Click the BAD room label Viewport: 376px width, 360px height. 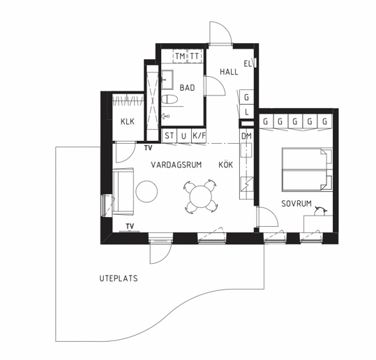coord(187,88)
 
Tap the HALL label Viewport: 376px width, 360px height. coord(229,72)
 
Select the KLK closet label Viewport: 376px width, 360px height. coord(128,121)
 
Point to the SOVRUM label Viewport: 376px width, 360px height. coord(296,204)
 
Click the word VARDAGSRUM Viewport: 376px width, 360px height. coord(176,165)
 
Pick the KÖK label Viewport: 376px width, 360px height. coord(225,165)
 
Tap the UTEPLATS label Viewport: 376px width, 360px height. coord(119,278)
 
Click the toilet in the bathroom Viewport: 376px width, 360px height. coord(170,99)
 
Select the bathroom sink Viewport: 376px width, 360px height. coord(167,80)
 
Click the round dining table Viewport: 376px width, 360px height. coord(201,197)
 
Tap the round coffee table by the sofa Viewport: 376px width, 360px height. coord(146,191)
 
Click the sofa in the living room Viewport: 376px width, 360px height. coord(123,191)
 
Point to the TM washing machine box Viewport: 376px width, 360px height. coord(180,57)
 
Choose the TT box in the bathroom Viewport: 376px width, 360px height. coord(195,57)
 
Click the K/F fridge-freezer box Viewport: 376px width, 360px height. coord(199,136)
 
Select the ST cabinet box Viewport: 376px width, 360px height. coord(170,136)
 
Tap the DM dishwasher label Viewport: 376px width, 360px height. coord(246,137)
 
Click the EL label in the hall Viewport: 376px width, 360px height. coord(248,64)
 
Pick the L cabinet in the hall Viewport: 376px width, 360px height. coord(247,112)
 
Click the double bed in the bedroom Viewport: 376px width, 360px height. coord(307,170)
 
